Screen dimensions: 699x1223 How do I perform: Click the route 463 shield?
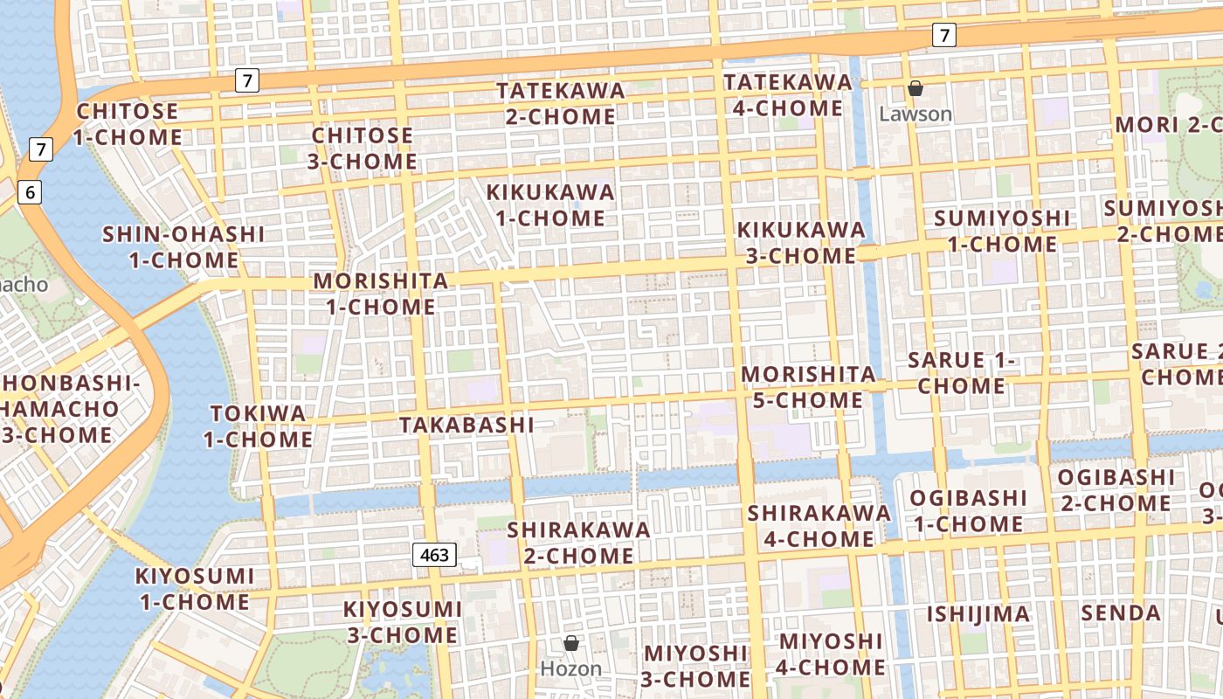pos(434,555)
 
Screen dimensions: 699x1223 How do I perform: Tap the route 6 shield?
pos(30,192)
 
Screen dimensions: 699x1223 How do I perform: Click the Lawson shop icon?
pos(916,88)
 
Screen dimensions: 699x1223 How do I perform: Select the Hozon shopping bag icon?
pos(571,643)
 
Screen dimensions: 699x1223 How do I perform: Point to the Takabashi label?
pos(466,425)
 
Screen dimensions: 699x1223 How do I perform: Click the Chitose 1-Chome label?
pos(128,124)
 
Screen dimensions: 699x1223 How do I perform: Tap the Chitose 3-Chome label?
pos(363,149)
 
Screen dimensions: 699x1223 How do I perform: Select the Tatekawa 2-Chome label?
pos(561,103)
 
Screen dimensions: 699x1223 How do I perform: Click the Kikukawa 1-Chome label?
pos(550,204)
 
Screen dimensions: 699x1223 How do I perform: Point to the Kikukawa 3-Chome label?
pos(801,242)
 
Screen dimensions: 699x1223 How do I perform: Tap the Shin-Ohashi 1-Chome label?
pos(183,247)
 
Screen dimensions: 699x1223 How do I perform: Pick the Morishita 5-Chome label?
pos(808,387)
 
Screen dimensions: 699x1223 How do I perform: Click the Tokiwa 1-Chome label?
pos(259,426)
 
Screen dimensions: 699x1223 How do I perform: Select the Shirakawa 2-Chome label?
pos(578,543)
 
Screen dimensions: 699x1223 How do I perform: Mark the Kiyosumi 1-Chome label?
pos(195,589)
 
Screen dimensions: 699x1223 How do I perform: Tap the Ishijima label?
pos(978,614)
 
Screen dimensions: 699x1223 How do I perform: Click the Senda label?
pos(1121,613)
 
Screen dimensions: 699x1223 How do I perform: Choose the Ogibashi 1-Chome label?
pos(968,511)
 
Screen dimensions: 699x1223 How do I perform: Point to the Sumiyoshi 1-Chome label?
pos(1002,231)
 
